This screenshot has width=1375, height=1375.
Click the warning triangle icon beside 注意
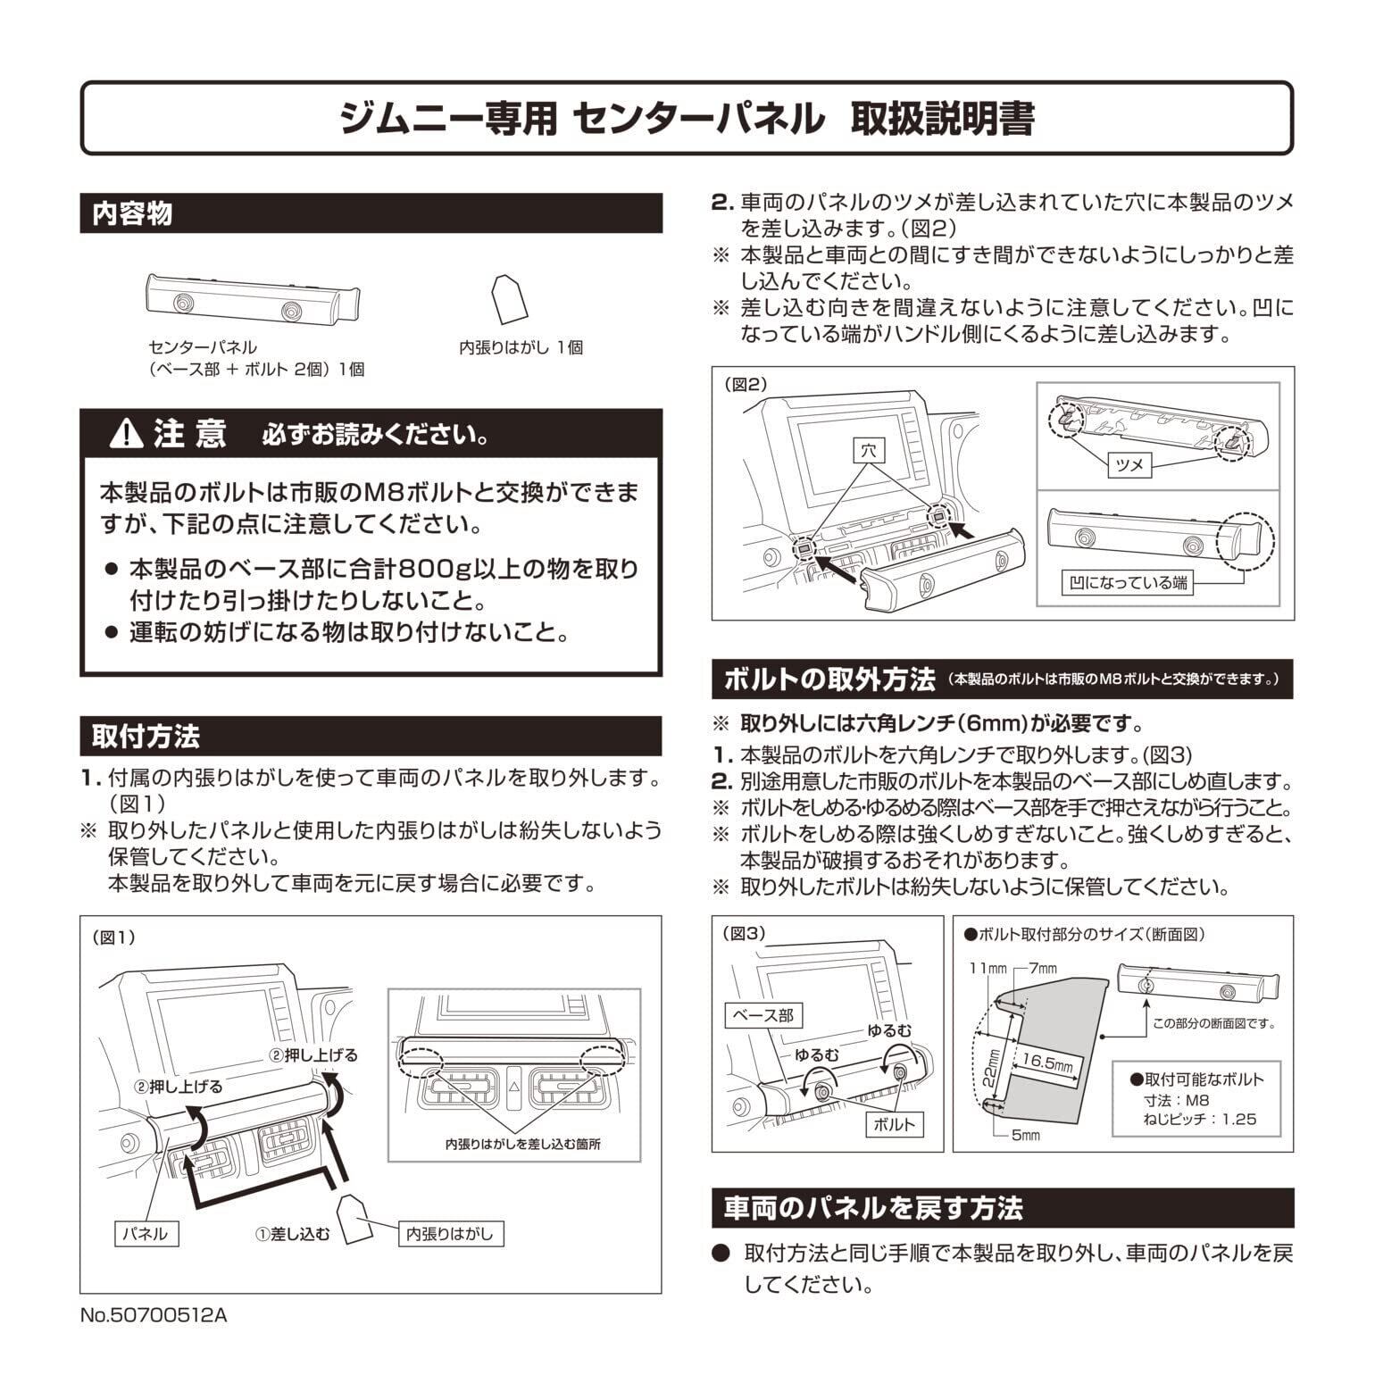tap(127, 434)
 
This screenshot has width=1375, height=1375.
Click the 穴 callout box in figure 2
tap(868, 450)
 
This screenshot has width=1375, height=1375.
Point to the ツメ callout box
tap(1130, 465)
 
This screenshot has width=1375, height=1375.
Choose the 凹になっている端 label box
tap(1129, 583)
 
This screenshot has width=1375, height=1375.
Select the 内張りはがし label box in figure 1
tap(449, 1234)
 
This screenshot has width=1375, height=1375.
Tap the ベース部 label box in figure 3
tap(762, 1015)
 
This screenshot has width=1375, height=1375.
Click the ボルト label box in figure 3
tap(893, 1124)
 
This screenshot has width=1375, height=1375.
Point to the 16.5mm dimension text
tap(1047, 1062)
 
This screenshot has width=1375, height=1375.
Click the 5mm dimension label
tap(1025, 1136)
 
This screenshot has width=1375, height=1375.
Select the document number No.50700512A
tap(153, 1315)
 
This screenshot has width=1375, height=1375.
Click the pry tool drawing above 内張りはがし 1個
tap(510, 298)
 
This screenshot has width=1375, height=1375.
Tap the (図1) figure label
tap(113, 937)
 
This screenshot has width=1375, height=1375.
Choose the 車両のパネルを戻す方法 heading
tap(873, 1208)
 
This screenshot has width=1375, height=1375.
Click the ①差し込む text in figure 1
tap(293, 1235)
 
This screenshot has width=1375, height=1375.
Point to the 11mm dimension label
tap(988, 969)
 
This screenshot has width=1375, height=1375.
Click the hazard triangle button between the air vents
tap(513, 1087)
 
